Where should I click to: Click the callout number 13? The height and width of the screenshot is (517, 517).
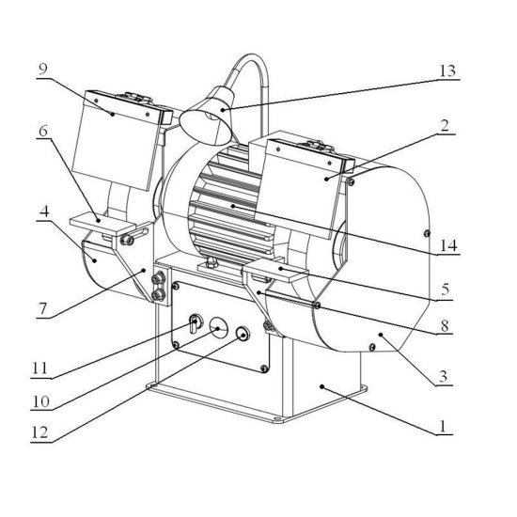point(447,71)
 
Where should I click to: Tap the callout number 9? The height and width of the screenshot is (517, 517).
point(43,69)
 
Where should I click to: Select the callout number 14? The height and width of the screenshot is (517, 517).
point(448,245)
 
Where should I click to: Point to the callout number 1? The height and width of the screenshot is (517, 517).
point(443,427)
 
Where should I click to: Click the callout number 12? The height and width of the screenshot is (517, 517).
point(39,432)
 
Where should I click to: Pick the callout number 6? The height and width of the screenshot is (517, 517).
point(43,131)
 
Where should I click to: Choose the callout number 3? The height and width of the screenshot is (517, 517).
point(443,376)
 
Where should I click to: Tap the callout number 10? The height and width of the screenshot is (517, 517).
point(40,401)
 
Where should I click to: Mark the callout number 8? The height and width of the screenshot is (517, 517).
point(445,326)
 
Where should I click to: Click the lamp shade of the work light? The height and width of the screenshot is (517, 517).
point(206,116)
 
